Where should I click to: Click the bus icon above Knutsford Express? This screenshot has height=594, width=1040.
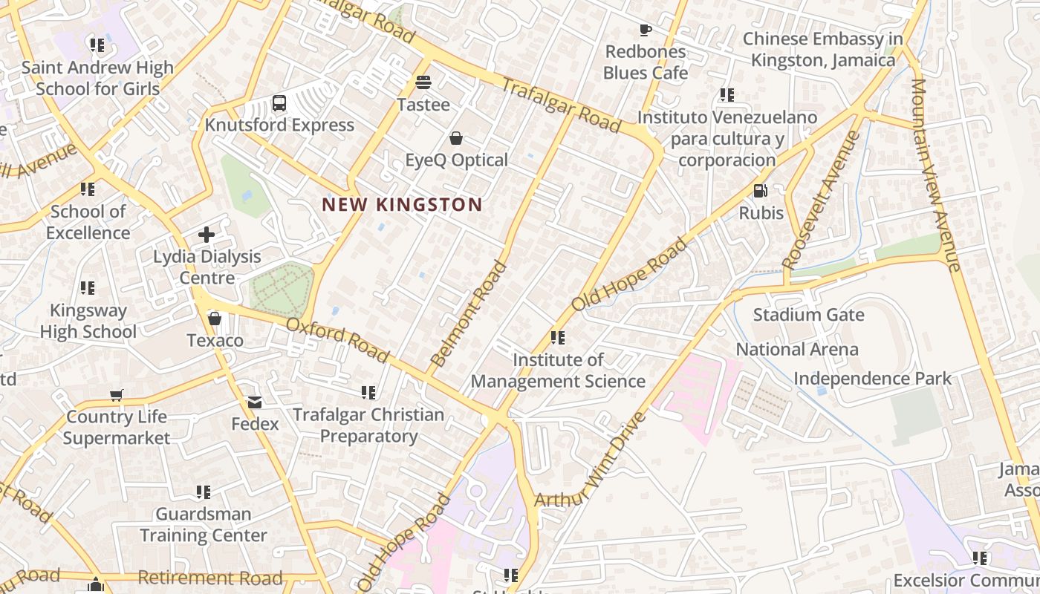click(x=279, y=103)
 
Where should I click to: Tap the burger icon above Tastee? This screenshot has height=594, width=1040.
click(x=423, y=82)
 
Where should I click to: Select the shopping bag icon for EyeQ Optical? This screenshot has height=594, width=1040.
click(x=456, y=138)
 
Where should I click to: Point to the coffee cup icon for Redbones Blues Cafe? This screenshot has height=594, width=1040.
click(x=645, y=30)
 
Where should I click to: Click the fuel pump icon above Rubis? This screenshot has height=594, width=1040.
click(x=760, y=191)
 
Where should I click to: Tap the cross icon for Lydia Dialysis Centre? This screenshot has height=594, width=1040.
click(x=207, y=235)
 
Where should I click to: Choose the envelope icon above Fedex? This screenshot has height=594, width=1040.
click(x=255, y=402)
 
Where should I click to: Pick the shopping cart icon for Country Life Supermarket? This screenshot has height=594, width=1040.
click(x=116, y=395)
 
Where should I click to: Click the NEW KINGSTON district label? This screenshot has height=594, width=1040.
click(x=402, y=205)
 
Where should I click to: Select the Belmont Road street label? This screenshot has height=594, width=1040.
click(x=469, y=314)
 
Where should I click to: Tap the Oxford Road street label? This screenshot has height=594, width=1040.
click(x=337, y=341)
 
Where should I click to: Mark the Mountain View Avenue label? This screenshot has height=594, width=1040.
click(x=936, y=174)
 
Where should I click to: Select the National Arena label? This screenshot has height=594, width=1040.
click(x=796, y=349)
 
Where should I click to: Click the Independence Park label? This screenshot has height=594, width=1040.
click(x=872, y=379)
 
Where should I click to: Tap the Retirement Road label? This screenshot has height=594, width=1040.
click(x=210, y=578)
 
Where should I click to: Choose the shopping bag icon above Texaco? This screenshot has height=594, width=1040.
click(x=215, y=319)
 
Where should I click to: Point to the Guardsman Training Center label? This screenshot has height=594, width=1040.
click(x=204, y=524)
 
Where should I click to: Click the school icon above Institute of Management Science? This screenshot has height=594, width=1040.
click(x=557, y=339)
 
